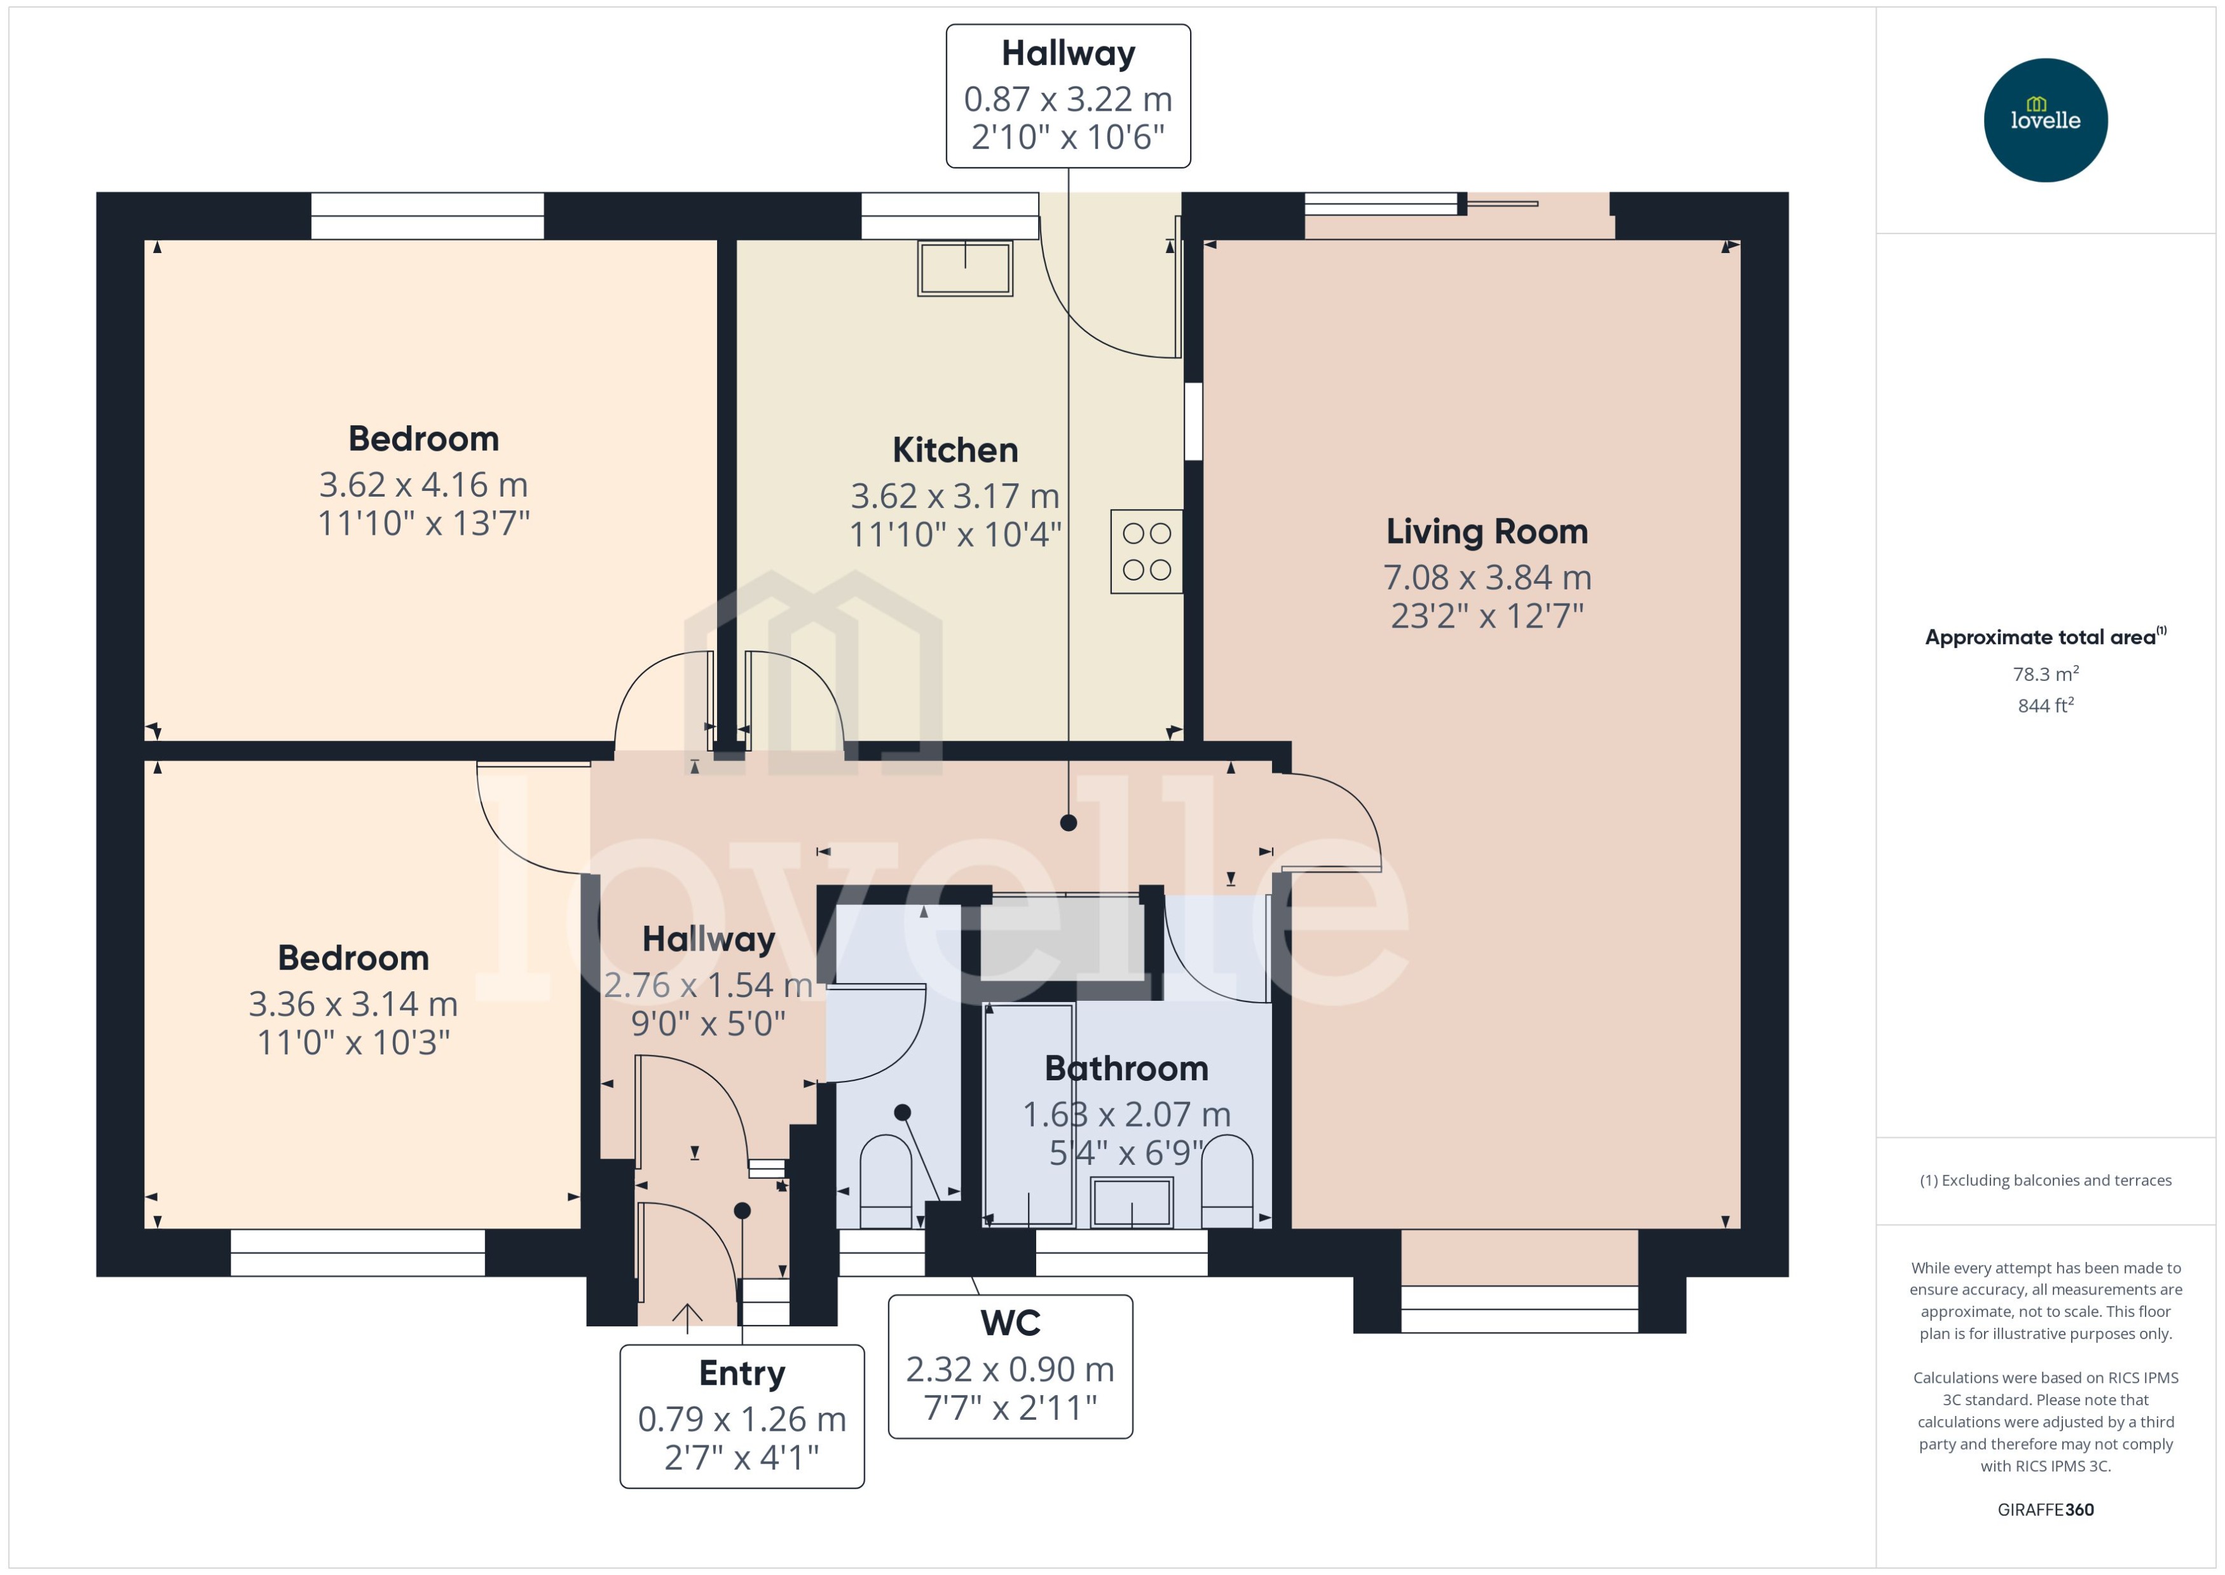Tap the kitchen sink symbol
(964, 268)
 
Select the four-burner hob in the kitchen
(1146, 551)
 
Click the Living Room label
(1486, 532)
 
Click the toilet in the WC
(885, 1181)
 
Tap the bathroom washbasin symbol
(1132, 1202)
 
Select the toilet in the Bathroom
(1226, 1181)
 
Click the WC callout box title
(1010, 1323)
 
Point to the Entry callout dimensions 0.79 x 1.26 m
(742, 1419)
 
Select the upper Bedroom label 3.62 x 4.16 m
(423, 484)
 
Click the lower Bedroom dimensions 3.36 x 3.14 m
(353, 1004)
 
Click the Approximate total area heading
(2041, 637)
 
